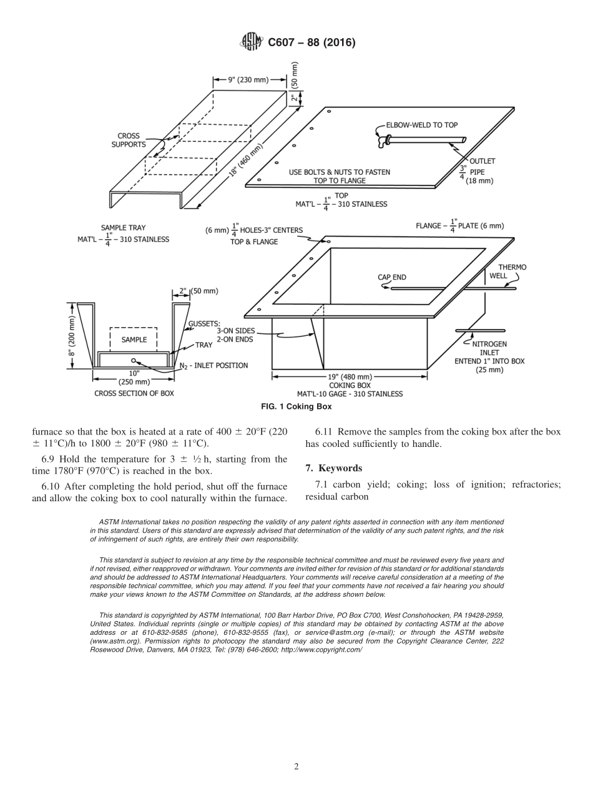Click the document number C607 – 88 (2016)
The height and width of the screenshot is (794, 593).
click(x=311, y=43)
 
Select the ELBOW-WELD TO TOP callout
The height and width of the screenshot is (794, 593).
click(x=421, y=125)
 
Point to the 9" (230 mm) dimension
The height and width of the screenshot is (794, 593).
click(x=249, y=79)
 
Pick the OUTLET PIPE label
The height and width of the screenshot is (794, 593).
click(x=482, y=170)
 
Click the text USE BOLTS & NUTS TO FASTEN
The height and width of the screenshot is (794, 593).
click(x=340, y=172)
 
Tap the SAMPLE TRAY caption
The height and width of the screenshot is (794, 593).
click(x=123, y=228)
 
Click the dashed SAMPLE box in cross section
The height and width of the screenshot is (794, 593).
click(x=134, y=340)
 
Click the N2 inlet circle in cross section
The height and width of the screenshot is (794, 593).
click(x=133, y=360)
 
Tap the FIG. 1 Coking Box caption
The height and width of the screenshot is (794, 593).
click(x=296, y=406)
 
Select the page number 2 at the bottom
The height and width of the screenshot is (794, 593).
click(x=296, y=767)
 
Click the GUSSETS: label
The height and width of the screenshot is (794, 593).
click(x=203, y=323)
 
